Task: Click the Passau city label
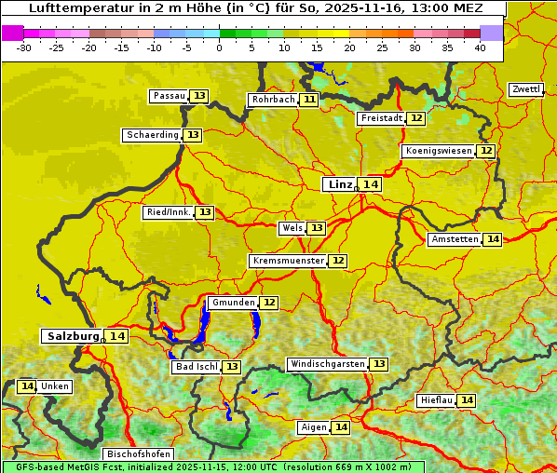click(169, 96)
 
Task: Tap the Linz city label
click(339, 184)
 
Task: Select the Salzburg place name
click(72, 336)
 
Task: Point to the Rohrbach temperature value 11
click(309, 100)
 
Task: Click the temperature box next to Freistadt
click(416, 118)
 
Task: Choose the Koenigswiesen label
click(438, 151)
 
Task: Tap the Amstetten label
click(454, 239)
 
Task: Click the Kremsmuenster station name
click(287, 261)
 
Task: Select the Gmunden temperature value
click(269, 303)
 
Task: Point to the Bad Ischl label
click(196, 367)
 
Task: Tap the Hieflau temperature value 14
click(467, 400)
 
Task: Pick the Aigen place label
click(314, 427)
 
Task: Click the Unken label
click(55, 386)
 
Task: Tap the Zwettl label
click(525, 89)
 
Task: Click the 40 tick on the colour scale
click(480, 47)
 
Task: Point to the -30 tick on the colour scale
click(25, 47)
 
